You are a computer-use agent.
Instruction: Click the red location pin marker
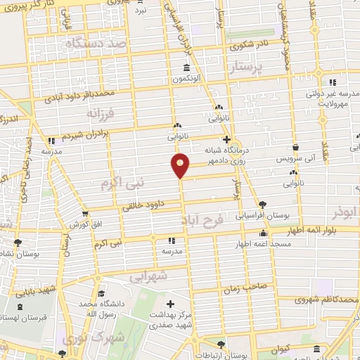click(x=181, y=165)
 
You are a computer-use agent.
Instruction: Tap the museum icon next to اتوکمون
click(x=186, y=68)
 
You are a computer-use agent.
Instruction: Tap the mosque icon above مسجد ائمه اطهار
click(x=264, y=233)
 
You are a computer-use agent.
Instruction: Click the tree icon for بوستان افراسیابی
click(x=262, y=203)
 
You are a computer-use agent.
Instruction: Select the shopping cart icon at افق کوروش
click(x=84, y=213)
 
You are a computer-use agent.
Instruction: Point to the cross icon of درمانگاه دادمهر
click(x=226, y=139)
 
